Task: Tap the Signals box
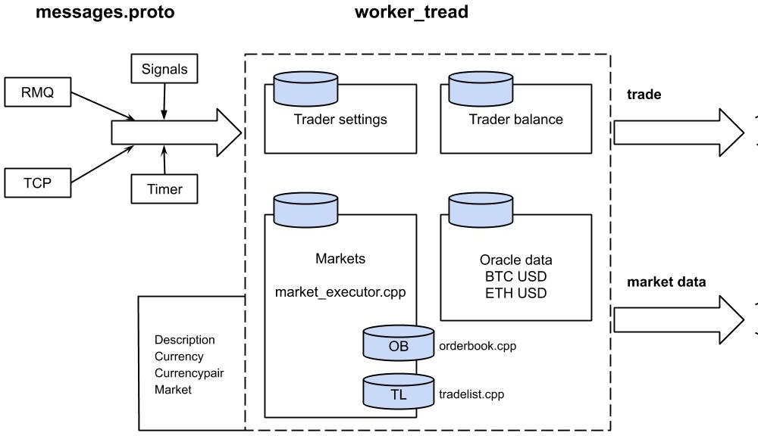click(164, 70)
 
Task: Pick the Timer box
click(164, 189)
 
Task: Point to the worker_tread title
click(411, 12)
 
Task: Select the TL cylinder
click(398, 393)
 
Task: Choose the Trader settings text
click(340, 119)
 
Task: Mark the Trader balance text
click(515, 119)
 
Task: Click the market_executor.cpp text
click(340, 292)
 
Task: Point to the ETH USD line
click(515, 293)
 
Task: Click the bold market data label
click(666, 282)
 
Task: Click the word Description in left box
click(184, 340)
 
